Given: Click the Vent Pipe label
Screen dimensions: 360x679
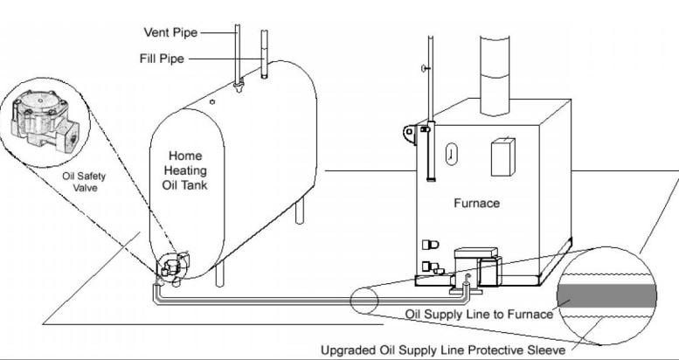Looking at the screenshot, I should click(x=170, y=33).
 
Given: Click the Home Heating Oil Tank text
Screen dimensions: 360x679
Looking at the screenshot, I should click(x=185, y=170).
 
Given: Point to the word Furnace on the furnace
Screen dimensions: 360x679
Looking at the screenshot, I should click(x=476, y=203).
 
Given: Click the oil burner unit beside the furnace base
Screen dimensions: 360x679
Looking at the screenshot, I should click(x=475, y=264).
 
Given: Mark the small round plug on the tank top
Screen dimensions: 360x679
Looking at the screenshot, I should click(x=211, y=101).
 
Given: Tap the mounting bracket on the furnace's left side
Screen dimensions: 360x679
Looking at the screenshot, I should click(x=409, y=133).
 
